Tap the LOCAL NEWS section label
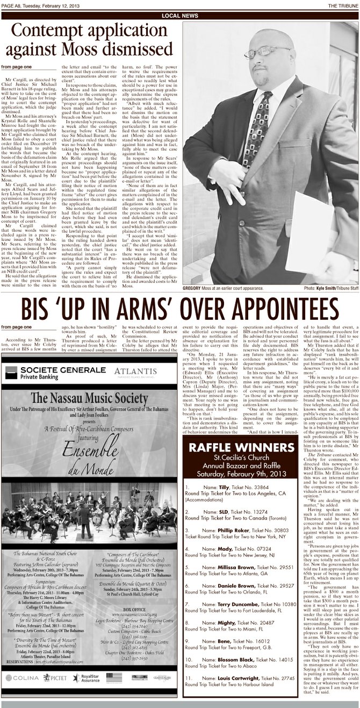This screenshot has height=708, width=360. [179, 16]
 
